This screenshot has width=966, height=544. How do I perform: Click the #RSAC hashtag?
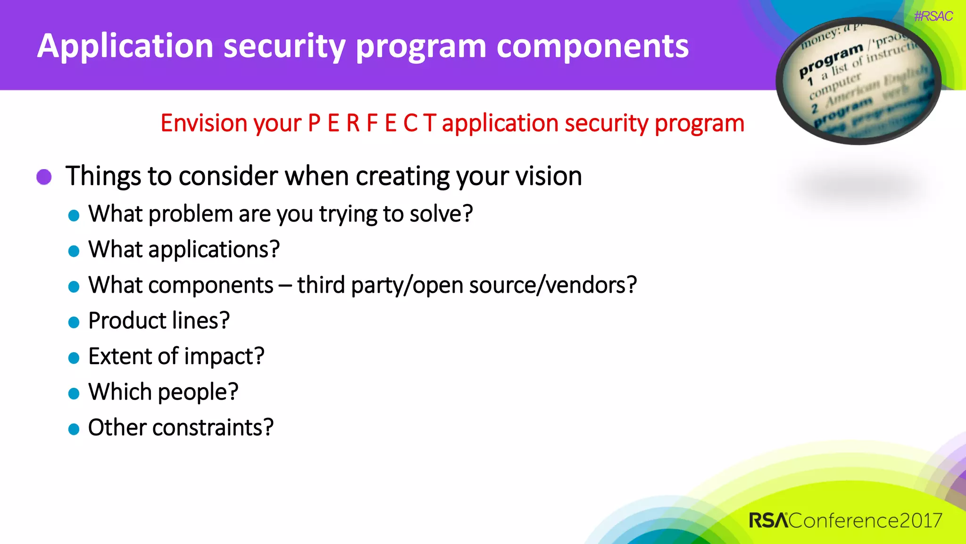tap(933, 17)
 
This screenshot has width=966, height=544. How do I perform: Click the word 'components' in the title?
tap(592, 47)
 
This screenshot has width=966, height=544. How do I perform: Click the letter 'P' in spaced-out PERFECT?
tap(314, 123)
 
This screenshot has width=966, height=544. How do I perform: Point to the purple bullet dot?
tap(44, 177)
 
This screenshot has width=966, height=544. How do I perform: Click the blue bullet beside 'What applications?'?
tap(74, 251)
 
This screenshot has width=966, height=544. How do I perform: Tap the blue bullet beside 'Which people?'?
tap(74, 393)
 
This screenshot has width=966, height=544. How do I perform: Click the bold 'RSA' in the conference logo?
tap(768, 520)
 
